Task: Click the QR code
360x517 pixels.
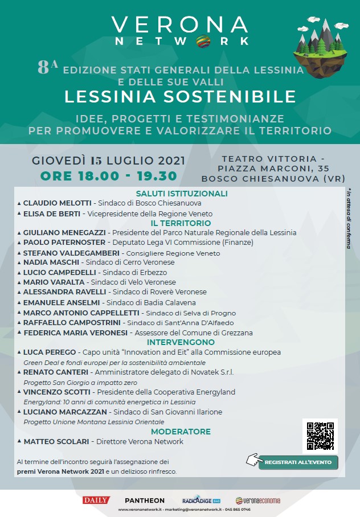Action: tap(320, 436)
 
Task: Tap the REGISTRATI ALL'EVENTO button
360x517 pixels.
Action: tap(298, 462)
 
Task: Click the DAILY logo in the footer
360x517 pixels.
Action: tap(96, 500)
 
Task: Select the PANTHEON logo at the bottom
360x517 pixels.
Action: tap(145, 500)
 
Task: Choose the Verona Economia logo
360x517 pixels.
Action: tap(258, 500)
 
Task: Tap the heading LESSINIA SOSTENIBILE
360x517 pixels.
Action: tap(180, 96)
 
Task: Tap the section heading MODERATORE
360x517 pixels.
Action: tap(181, 432)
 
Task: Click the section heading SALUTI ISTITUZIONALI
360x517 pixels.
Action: tap(182, 194)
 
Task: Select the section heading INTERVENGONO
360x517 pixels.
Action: tap(181, 342)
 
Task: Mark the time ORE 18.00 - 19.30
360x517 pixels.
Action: tap(108, 176)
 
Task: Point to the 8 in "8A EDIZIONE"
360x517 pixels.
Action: tap(44, 68)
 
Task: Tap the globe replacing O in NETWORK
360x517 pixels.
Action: tap(203, 41)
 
